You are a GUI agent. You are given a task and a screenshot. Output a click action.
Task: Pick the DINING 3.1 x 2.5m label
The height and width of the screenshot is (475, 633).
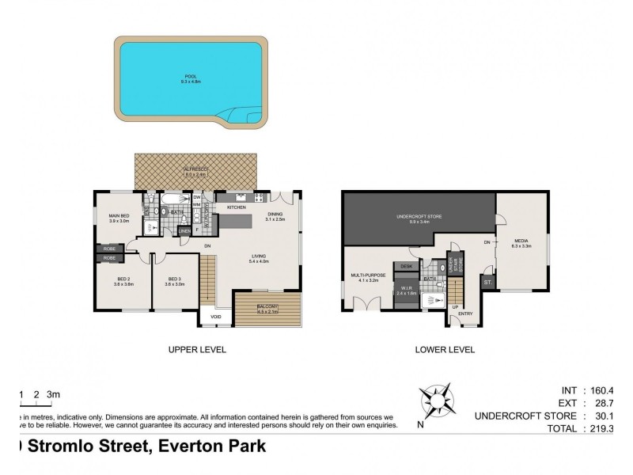point(275,215)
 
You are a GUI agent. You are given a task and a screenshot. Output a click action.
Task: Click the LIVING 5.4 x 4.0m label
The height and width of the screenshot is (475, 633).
point(259,258)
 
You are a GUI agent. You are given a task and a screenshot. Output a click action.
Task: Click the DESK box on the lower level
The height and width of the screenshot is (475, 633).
point(407,266)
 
